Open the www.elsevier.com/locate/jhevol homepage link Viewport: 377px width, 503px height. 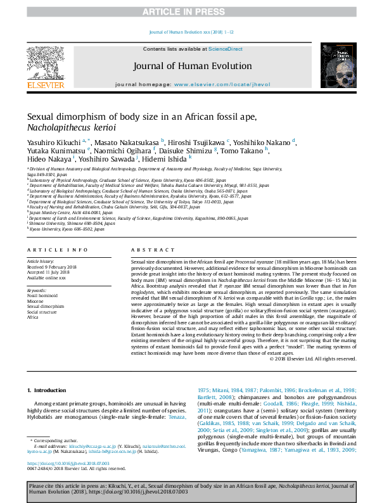coord(216,84)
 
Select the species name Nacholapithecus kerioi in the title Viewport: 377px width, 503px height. coord(63,127)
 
